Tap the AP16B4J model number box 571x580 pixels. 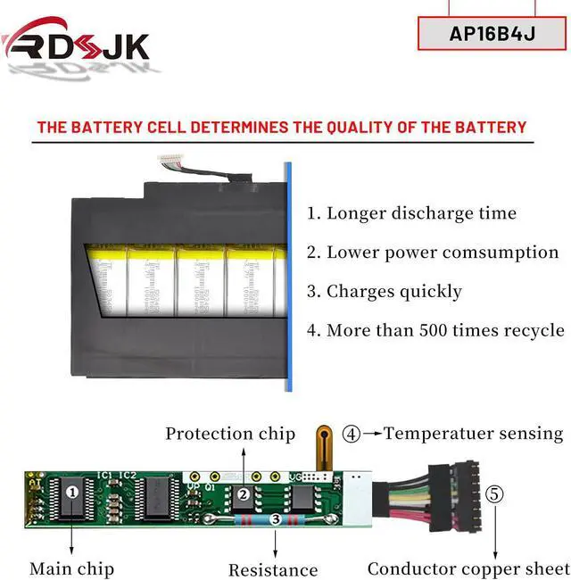(x=493, y=33)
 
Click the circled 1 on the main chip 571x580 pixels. (x=73, y=490)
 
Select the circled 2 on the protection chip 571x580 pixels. (x=242, y=494)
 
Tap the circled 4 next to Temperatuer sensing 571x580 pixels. (x=352, y=435)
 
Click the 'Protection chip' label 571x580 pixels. (x=230, y=435)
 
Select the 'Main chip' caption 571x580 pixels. (x=71, y=568)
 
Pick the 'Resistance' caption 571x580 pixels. (x=273, y=569)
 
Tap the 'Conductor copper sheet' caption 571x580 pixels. (x=468, y=568)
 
